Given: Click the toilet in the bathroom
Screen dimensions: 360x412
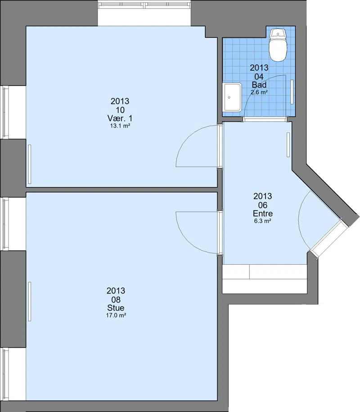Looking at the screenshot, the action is click(278, 45).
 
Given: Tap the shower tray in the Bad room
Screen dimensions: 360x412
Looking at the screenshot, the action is click(232, 97).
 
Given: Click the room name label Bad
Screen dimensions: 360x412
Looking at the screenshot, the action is click(259, 85).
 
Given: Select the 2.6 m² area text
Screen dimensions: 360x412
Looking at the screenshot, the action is click(259, 92).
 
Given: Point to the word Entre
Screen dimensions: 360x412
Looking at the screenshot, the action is click(263, 213).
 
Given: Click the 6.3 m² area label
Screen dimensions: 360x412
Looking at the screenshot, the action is click(263, 221).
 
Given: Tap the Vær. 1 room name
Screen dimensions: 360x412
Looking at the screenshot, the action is click(120, 118).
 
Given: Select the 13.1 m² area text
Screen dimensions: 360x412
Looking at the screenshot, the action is click(120, 126).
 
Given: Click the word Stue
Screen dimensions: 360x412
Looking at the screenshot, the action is click(116, 308).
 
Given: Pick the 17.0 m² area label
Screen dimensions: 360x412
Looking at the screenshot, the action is click(116, 315).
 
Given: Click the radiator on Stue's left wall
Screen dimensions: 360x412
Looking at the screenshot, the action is click(30, 301).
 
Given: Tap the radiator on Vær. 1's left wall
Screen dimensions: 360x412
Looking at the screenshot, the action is click(30, 164).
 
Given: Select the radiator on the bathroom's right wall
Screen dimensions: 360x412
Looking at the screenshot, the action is click(292, 92).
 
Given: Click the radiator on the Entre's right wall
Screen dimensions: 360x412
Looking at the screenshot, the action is click(288, 145).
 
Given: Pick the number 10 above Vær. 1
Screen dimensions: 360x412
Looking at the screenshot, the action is click(120, 110).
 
